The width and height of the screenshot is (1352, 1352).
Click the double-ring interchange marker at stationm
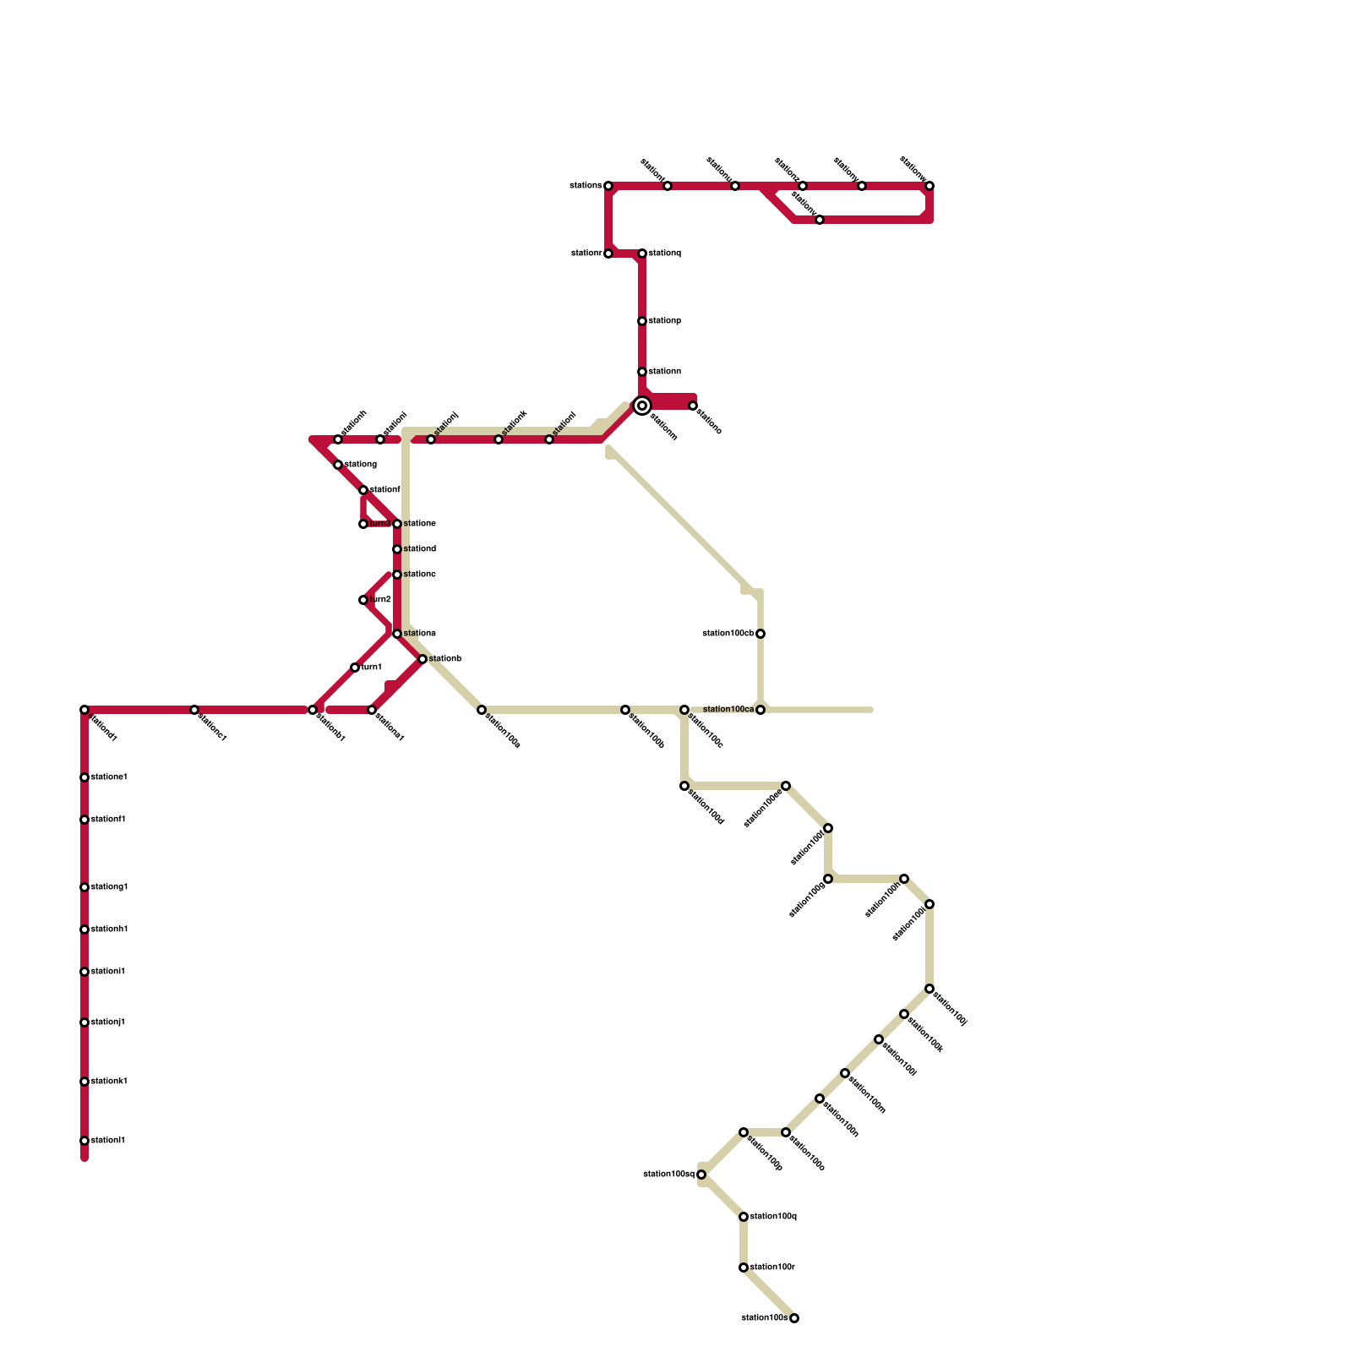642,406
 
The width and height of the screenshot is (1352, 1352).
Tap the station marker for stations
608,186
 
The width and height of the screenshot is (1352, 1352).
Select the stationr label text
586,253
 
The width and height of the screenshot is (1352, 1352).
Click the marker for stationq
642,253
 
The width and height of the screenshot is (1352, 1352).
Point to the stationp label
665,321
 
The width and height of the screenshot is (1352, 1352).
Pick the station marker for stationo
693,406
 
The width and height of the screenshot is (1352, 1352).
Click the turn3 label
380,524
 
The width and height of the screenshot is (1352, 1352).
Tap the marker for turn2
363,600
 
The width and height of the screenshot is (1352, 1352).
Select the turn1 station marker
355,668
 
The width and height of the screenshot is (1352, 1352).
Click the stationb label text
445,659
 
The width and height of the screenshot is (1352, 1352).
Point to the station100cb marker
760,634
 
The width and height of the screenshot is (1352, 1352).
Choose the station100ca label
728,710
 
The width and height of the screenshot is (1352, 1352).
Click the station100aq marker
701,1175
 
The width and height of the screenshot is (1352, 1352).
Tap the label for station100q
773,1217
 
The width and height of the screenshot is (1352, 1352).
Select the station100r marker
744,1267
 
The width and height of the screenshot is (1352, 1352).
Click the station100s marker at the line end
794,1318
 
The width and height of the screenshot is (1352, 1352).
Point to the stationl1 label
108,1141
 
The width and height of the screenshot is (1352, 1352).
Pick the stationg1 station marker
84,887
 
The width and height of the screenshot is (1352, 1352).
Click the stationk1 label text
109,1082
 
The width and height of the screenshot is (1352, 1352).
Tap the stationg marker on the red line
338,465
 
